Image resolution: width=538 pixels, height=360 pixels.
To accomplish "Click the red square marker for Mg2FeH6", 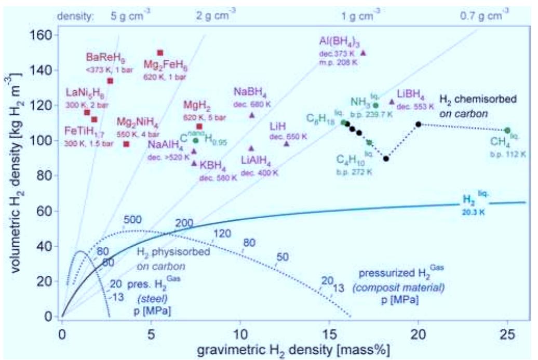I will point(160,52).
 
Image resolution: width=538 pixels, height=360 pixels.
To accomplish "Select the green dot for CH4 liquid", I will point(507,130).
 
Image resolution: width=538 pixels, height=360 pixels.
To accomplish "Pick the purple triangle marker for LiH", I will point(287,143).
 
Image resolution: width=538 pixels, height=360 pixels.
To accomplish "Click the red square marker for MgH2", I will point(199,126).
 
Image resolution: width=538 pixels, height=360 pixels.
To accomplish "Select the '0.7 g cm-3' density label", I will point(481,16).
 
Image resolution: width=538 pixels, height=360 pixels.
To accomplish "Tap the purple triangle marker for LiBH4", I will point(392,102).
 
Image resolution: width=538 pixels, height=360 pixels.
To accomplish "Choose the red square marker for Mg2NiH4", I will point(126,144).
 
